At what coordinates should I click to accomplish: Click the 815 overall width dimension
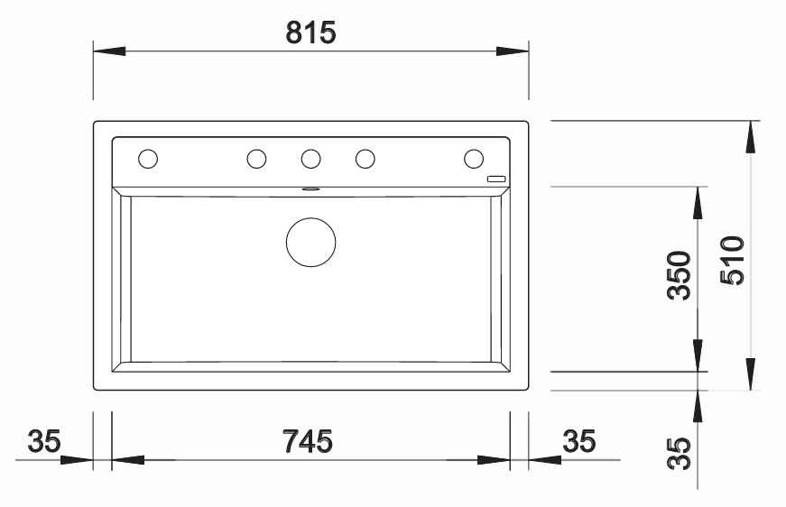310,33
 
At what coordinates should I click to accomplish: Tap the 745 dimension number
308,441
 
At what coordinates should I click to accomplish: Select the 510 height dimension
733,261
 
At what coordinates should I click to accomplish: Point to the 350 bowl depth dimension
680,275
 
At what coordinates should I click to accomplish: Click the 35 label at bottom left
44,441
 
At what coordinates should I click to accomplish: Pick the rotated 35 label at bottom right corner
680,454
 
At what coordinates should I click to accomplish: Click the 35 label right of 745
579,441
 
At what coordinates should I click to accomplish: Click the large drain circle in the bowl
310,242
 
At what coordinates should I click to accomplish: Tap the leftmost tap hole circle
148,159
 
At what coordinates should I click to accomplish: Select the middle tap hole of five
310,159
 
